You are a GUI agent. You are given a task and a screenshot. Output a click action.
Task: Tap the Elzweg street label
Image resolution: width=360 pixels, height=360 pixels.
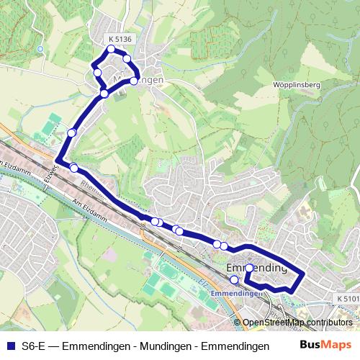tap(49, 175)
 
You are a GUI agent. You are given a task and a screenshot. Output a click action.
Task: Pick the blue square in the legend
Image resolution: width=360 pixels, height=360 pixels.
tap(9, 346)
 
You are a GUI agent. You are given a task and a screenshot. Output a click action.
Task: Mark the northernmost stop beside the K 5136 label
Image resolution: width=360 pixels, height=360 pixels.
tap(111, 49)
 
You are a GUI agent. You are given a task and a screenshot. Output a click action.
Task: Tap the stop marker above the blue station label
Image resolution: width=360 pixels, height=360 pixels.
tap(233, 279)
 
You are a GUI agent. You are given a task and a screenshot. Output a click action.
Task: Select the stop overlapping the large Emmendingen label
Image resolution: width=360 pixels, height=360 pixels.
tap(249, 268)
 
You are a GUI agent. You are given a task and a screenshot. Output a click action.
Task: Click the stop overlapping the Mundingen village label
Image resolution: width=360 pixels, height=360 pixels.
tap(133, 81)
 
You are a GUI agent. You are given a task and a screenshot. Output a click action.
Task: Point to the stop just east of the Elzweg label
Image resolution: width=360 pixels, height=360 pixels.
tap(73, 168)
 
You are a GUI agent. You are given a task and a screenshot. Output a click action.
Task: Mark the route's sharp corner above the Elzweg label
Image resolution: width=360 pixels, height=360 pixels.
tap(57, 159)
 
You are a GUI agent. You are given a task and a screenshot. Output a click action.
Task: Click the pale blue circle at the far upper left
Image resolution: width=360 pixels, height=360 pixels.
tap(40, 49)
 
